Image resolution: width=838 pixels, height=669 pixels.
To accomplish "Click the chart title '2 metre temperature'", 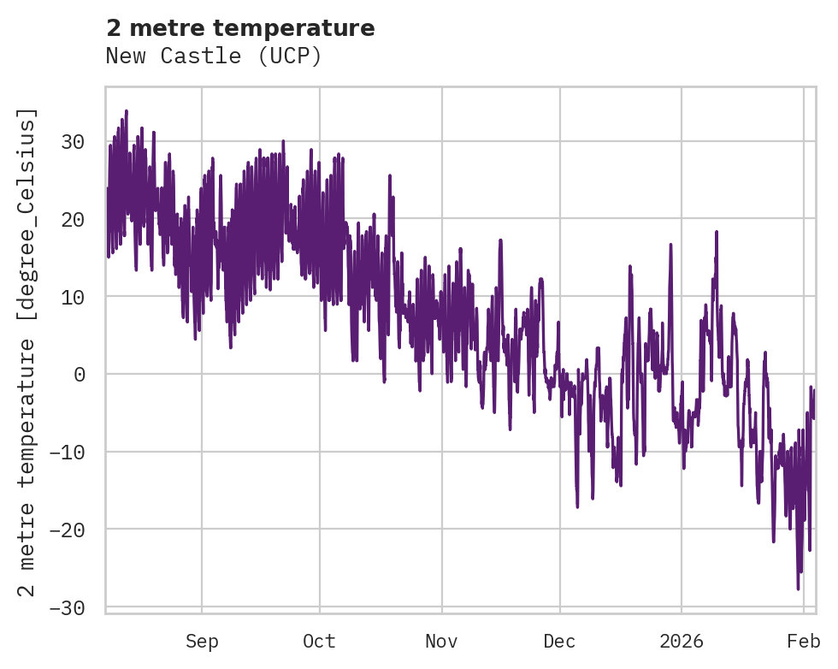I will click(240, 28).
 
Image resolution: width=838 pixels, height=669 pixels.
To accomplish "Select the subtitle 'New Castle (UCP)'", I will click(214, 56).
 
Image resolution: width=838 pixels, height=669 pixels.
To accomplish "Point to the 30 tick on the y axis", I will click(74, 142).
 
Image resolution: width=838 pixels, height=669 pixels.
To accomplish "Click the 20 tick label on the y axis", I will click(74, 220).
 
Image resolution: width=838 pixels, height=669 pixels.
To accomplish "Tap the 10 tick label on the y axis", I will click(74, 297).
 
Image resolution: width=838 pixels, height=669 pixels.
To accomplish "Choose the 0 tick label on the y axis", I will click(80, 375).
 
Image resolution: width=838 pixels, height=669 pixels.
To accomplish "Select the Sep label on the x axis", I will click(202, 642).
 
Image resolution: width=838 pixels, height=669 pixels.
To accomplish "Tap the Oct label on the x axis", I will click(320, 642).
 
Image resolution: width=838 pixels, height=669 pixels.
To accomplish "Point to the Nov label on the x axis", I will click(442, 642).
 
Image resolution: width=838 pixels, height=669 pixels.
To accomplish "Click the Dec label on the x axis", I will click(560, 642).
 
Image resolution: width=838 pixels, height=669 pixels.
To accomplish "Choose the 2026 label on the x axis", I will click(682, 642).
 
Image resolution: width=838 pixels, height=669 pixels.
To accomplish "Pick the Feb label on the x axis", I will click(804, 642).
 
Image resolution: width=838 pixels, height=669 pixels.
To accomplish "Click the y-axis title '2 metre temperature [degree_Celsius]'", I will click(27, 352).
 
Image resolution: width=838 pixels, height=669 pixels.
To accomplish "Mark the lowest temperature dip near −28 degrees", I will click(798, 589).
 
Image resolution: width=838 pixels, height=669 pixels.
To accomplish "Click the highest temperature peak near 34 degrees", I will click(126, 110).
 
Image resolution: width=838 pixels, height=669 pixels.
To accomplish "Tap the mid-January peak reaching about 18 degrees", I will click(716, 232).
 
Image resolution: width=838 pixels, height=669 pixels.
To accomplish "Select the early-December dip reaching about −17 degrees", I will click(577, 506).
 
